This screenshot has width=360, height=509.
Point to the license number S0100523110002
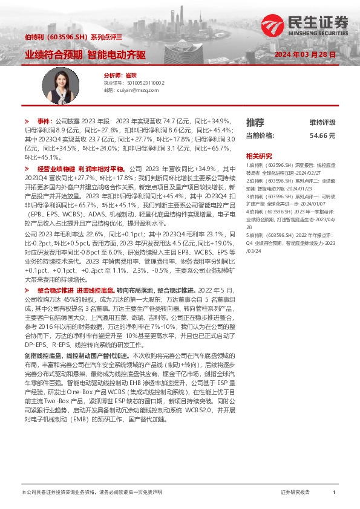(142, 82)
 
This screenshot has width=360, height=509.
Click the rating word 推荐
(255, 122)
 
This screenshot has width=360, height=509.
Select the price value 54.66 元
(322, 136)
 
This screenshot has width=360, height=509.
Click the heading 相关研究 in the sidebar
(259, 155)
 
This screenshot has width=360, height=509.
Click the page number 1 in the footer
(334, 493)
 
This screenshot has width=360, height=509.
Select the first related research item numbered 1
(290, 167)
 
